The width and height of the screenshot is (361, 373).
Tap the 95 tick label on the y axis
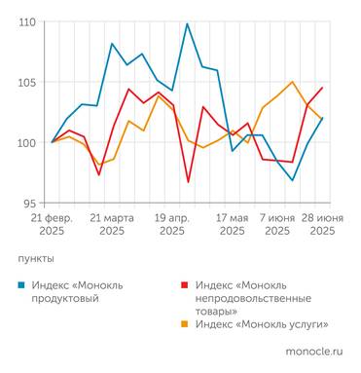(x=28, y=203)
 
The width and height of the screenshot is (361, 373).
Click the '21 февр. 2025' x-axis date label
(x=52, y=224)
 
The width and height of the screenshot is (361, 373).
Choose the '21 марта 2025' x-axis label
(x=112, y=224)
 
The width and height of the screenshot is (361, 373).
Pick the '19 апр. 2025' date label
(x=172, y=224)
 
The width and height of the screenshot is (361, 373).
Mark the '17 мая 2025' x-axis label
(x=233, y=224)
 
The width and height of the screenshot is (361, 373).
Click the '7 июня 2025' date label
(x=277, y=224)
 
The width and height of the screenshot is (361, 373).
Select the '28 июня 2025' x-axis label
(x=322, y=224)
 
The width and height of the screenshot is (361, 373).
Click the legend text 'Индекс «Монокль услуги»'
(x=262, y=324)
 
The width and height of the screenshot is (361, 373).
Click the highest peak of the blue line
(x=187, y=23)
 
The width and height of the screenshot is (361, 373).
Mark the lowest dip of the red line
(x=188, y=182)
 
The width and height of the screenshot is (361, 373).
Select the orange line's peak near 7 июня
(x=292, y=82)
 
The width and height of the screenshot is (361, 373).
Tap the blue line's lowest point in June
(x=292, y=180)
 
